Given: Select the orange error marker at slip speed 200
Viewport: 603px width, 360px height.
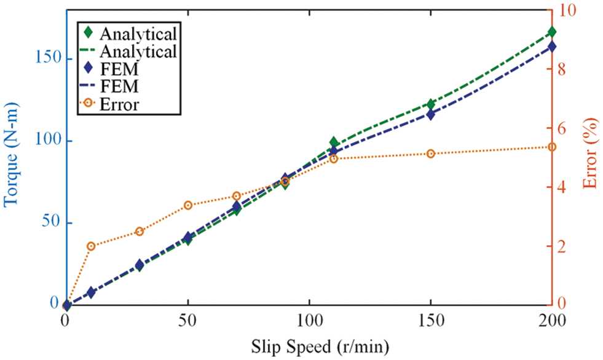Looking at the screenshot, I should [x=551, y=147].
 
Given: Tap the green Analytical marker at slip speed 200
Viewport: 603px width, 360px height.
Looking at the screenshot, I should [x=551, y=32].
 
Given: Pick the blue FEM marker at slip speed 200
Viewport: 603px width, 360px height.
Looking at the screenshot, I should [x=551, y=46].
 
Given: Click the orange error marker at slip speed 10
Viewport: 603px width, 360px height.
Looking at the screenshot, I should [x=91, y=246].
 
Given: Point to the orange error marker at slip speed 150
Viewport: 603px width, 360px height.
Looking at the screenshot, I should [x=430, y=154].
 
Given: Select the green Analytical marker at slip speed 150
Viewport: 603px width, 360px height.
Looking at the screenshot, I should [x=430, y=104].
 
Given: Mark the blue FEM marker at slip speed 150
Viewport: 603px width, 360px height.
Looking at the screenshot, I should [x=430, y=114].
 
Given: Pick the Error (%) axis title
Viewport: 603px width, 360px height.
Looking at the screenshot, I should [x=591, y=158].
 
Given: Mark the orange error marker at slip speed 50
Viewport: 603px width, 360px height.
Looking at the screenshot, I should [x=187, y=205].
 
